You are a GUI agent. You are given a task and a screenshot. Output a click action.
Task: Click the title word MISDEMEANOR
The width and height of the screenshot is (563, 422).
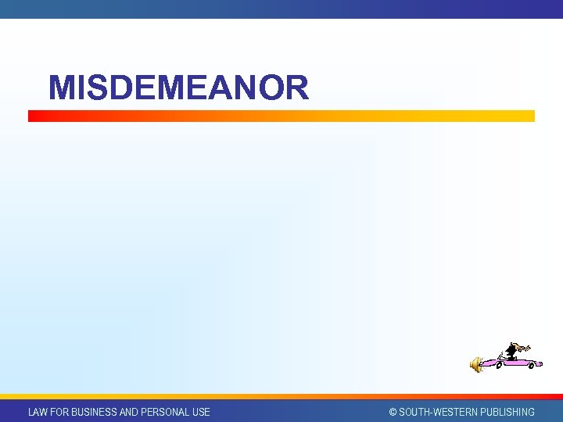pos(178,88)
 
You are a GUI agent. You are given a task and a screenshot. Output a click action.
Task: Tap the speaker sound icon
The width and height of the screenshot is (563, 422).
pos(475,363)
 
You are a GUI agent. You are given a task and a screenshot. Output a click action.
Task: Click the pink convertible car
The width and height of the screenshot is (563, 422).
pos(511,362)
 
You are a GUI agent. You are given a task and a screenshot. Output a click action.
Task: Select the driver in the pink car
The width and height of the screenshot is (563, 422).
pos(513,351)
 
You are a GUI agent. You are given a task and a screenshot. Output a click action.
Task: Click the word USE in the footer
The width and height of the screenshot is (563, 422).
pos(201,412)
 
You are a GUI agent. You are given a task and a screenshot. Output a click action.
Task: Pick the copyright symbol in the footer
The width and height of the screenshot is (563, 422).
pos(393,412)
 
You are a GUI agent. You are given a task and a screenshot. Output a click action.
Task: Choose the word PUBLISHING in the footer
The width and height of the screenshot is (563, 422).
pos(506,412)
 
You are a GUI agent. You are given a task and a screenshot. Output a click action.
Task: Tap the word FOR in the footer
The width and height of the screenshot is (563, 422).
pos(59,412)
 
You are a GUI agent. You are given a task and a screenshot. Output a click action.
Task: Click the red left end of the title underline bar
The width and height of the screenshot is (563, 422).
pos(33,116)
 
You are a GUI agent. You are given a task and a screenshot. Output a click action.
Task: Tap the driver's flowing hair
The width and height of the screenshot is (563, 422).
pos(525,348)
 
